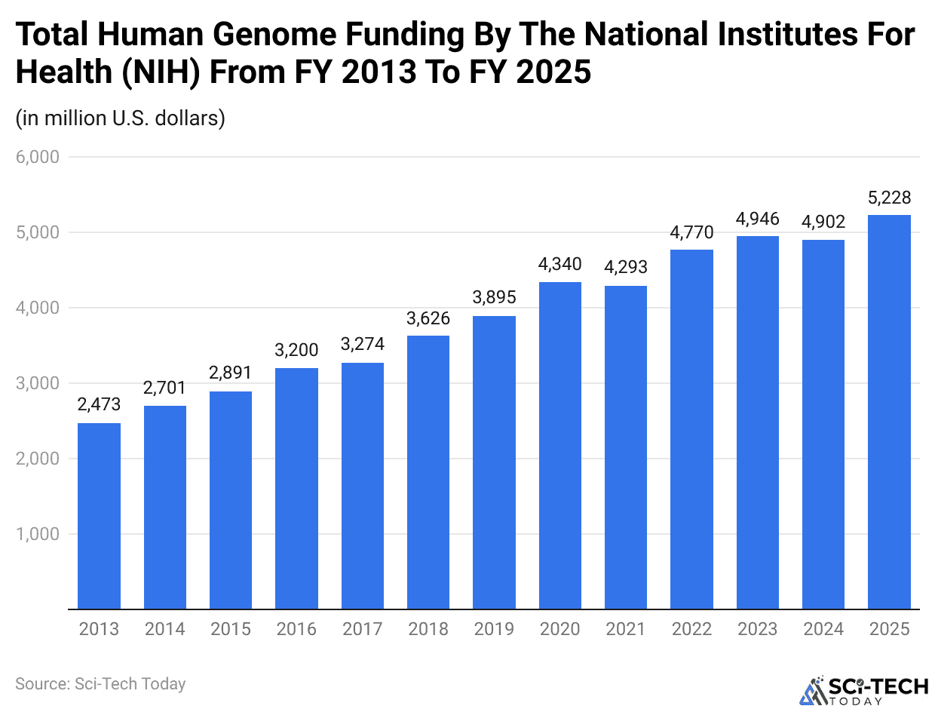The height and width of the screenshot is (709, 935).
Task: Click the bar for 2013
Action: tap(99, 516)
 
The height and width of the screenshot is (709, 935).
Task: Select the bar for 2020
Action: tap(559, 445)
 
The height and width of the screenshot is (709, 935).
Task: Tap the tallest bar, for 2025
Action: tap(889, 412)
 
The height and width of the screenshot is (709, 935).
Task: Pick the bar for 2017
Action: tap(362, 486)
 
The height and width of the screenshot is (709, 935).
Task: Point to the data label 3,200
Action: tap(296, 350)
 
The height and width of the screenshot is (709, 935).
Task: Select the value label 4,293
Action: tap(625, 266)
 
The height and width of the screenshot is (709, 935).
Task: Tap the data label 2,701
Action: tap(164, 388)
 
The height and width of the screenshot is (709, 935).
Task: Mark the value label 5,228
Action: tap(889, 198)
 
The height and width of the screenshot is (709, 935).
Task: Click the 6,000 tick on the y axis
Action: tap(37, 158)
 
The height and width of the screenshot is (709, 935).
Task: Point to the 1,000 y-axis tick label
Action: tap(37, 534)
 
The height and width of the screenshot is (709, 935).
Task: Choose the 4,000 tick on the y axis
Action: tap(37, 308)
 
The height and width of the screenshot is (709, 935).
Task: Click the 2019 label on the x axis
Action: tap(494, 629)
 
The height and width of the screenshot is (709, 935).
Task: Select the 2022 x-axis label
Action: tap(691, 629)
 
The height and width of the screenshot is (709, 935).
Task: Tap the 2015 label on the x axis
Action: tap(231, 629)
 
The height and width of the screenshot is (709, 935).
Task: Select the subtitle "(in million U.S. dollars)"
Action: tap(120, 118)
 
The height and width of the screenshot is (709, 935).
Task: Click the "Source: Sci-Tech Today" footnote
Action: tap(100, 684)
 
